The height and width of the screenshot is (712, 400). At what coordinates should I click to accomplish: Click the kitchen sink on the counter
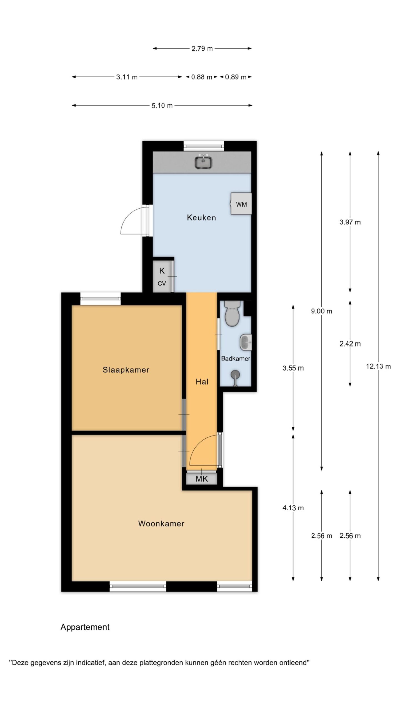(x=203, y=162)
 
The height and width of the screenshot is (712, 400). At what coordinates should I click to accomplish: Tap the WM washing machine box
(x=241, y=204)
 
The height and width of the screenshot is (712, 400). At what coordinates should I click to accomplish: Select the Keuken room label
(x=201, y=217)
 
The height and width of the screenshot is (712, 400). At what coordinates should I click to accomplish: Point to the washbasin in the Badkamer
(x=246, y=342)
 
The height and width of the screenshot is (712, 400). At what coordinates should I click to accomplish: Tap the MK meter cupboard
(x=202, y=479)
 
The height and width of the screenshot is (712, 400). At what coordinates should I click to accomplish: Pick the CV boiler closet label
(x=162, y=283)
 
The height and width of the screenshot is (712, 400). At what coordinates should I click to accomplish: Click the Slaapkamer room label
(x=126, y=370)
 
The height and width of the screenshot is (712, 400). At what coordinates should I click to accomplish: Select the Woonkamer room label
(x=161, y=523)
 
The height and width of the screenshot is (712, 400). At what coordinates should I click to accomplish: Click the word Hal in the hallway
(x=202, y=382)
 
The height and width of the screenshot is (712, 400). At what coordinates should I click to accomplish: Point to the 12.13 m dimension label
(x=378, y=366)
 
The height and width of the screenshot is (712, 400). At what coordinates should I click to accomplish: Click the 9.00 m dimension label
(x=322, y=311)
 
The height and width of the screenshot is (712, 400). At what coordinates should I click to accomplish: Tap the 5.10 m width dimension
(x=162, y=105)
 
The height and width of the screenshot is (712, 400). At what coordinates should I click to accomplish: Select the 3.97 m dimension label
(x=350, y=222)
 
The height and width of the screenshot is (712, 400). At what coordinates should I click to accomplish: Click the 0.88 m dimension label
(x=202, y=77)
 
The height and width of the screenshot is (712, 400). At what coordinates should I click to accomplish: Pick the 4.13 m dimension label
(x=293, y=508)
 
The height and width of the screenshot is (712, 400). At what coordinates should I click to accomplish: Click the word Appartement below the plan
(x=85, y=627)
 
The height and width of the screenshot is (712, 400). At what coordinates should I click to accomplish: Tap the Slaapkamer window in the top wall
(x=101, y=299)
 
